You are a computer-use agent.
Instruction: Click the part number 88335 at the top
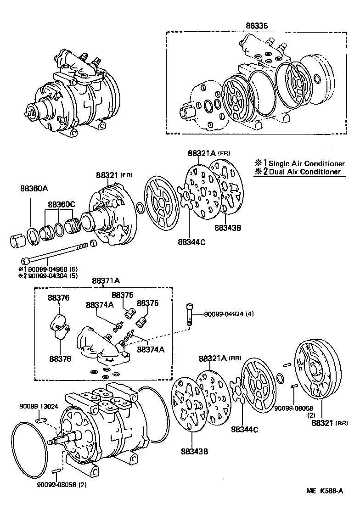[x=256, y=26]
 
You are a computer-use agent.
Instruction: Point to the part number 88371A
[x=105, y=281]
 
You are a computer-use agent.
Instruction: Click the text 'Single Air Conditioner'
[x=306, y=164]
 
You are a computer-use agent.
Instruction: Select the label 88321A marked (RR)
[x=214, y=358]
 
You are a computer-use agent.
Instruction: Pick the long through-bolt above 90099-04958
[x=55, y=252]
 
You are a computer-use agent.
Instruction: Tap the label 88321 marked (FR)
[x=107, y=175]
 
